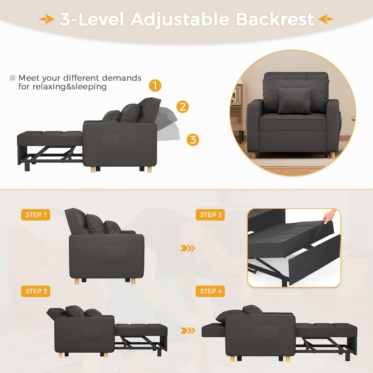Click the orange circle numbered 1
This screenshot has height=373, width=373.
(x=155, y=85)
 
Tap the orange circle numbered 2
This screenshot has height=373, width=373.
(x=182, y=106)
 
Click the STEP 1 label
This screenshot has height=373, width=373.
(x=36, y=215)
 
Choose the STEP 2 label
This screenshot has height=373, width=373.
(x=210, y=215)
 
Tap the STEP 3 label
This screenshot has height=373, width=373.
(x=36, y=291)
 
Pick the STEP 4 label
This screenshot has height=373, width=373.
(x=210, y=291)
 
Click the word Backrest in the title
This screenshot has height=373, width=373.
(x=275, y=19)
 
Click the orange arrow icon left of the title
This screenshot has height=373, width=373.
(x=47, y=19)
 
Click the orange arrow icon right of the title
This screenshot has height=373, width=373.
(x=326, y=19)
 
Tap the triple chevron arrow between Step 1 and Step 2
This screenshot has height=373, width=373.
(x=188, y=248)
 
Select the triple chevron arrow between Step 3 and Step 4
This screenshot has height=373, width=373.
(x=188, y=330)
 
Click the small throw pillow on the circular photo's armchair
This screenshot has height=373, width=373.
(x=295, y=101)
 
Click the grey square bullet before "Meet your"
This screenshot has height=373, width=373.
(x=12, y=78)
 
